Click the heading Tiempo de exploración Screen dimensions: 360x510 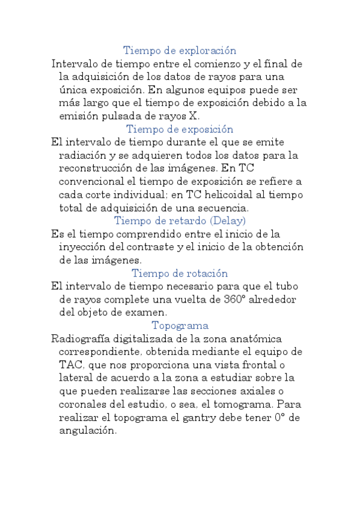[180, 51]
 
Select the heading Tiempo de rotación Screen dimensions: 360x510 [180, 273]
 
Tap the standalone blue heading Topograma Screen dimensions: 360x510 [180, 325]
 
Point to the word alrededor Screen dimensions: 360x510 [271, 300]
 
